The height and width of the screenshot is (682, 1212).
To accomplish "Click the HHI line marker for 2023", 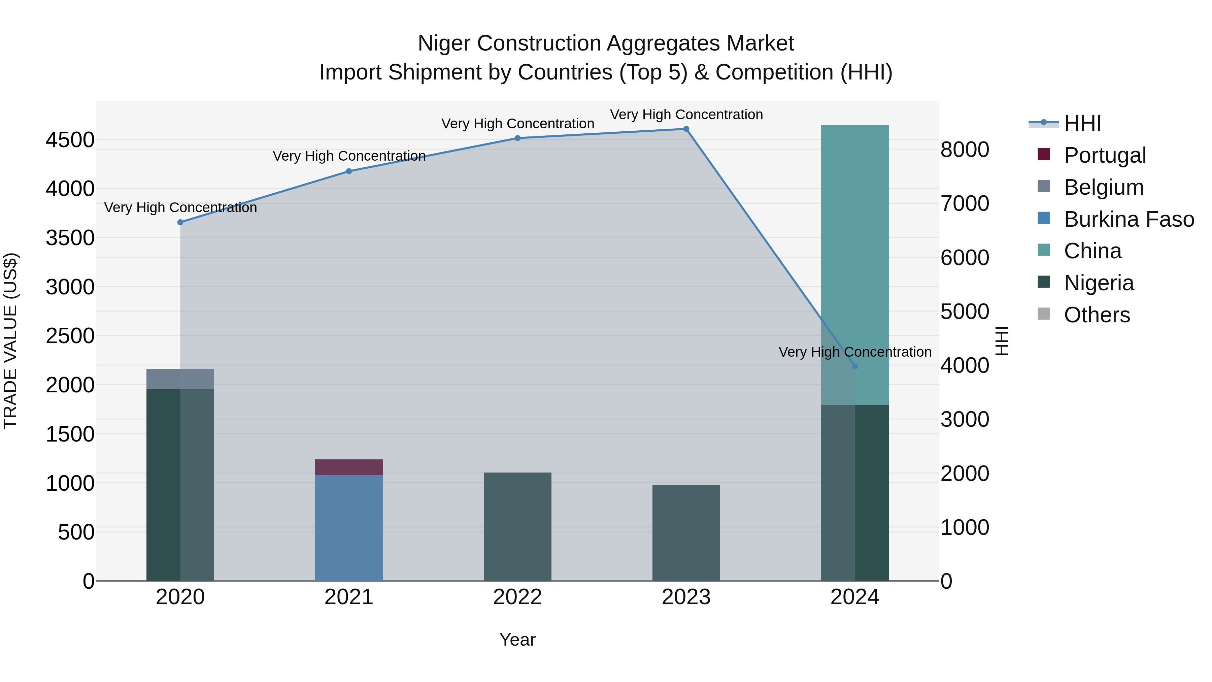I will [x=686, y=129].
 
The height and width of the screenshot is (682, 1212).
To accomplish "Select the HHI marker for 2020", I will [x=180, y=222].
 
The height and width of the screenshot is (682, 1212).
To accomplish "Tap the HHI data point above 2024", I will [x=855, y=366].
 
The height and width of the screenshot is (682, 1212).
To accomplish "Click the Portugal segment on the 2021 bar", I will [x=349, y=467].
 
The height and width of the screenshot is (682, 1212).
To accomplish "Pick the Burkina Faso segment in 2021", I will [x=349, y=527].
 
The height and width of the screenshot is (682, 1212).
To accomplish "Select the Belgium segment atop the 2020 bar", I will [x=180, y=379].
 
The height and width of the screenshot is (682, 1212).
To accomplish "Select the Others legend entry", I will [x=1096, y=315].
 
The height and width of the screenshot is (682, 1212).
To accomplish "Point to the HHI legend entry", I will [x=1082, y=123].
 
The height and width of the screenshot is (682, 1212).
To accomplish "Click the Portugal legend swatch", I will [x=1044, y=154].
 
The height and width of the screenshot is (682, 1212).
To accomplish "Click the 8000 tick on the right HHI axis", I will [x=965, y=150].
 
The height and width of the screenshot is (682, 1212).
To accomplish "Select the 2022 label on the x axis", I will [x=517, y=597].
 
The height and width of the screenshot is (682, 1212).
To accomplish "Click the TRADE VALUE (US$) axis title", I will [x=11, y=341].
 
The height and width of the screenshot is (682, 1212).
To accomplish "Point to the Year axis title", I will [x=517, y=640].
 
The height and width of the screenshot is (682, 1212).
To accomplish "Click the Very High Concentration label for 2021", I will [x=349, y=156].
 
